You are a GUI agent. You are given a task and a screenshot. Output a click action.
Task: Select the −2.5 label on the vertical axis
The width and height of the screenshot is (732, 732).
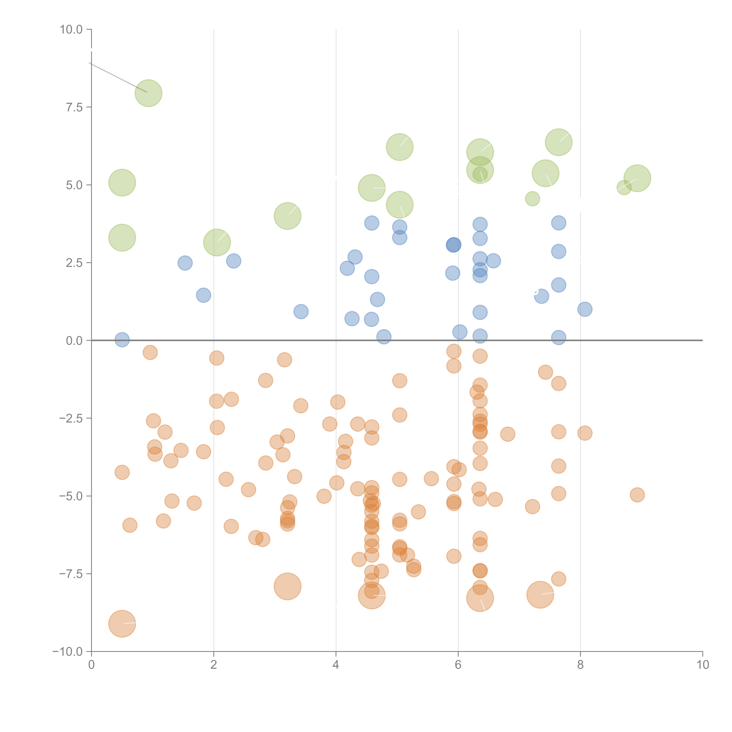[70, 418]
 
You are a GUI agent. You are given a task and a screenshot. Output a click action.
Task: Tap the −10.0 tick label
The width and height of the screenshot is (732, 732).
[67, 652]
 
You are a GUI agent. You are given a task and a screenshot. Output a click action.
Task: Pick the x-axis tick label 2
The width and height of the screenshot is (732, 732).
[214, 665]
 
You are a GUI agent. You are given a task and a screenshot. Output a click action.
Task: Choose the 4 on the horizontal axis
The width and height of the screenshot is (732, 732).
[336, 665]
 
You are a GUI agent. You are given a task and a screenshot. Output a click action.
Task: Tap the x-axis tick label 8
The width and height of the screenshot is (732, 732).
[580, 665]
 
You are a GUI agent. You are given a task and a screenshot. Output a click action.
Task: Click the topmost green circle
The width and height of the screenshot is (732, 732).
[148, 93]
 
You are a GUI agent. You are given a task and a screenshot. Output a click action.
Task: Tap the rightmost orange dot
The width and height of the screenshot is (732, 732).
[637, 495]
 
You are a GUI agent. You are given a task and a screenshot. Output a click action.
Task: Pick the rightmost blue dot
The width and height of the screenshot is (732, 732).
[585, 309]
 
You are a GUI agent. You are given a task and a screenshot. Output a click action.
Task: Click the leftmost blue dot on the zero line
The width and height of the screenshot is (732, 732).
[122, 340]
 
